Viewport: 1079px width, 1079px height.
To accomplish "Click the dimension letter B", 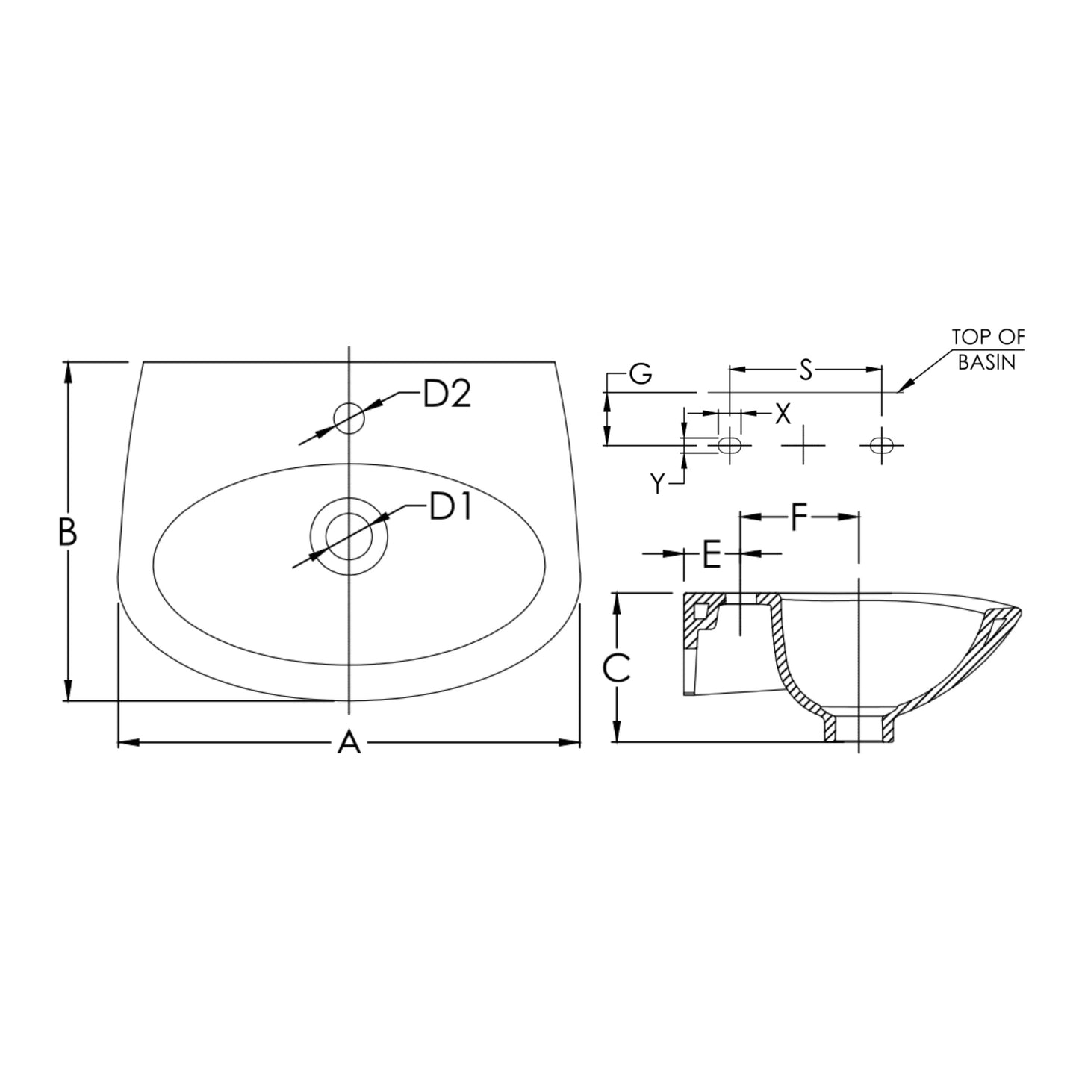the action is click(68, 532).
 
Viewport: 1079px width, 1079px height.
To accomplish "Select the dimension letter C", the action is click(617, 668).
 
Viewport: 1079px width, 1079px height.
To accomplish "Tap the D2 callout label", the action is click(447, 395).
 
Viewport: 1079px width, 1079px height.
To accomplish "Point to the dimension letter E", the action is click(711, 555).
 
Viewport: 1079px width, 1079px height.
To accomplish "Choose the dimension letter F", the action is click(798, 517).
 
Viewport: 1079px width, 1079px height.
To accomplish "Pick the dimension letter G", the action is click(641, 373).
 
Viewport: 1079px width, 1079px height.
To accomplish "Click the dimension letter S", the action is click(805, 370).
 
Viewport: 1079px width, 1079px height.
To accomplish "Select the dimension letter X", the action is click(783, 414).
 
